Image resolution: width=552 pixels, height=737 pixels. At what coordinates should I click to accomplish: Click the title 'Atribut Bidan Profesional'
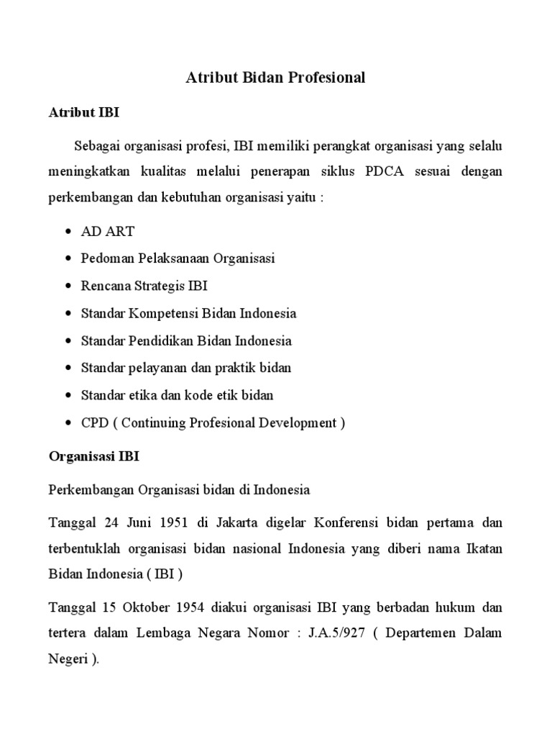(276, 78)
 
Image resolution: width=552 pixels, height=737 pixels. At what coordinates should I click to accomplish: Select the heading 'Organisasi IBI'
(94, 456)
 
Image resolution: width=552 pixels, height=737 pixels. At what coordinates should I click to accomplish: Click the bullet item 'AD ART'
(108, 232)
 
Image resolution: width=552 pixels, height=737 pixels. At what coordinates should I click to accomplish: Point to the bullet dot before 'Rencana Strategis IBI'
(68, 286)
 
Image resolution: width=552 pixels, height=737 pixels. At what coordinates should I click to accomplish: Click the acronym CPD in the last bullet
(95, 422)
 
